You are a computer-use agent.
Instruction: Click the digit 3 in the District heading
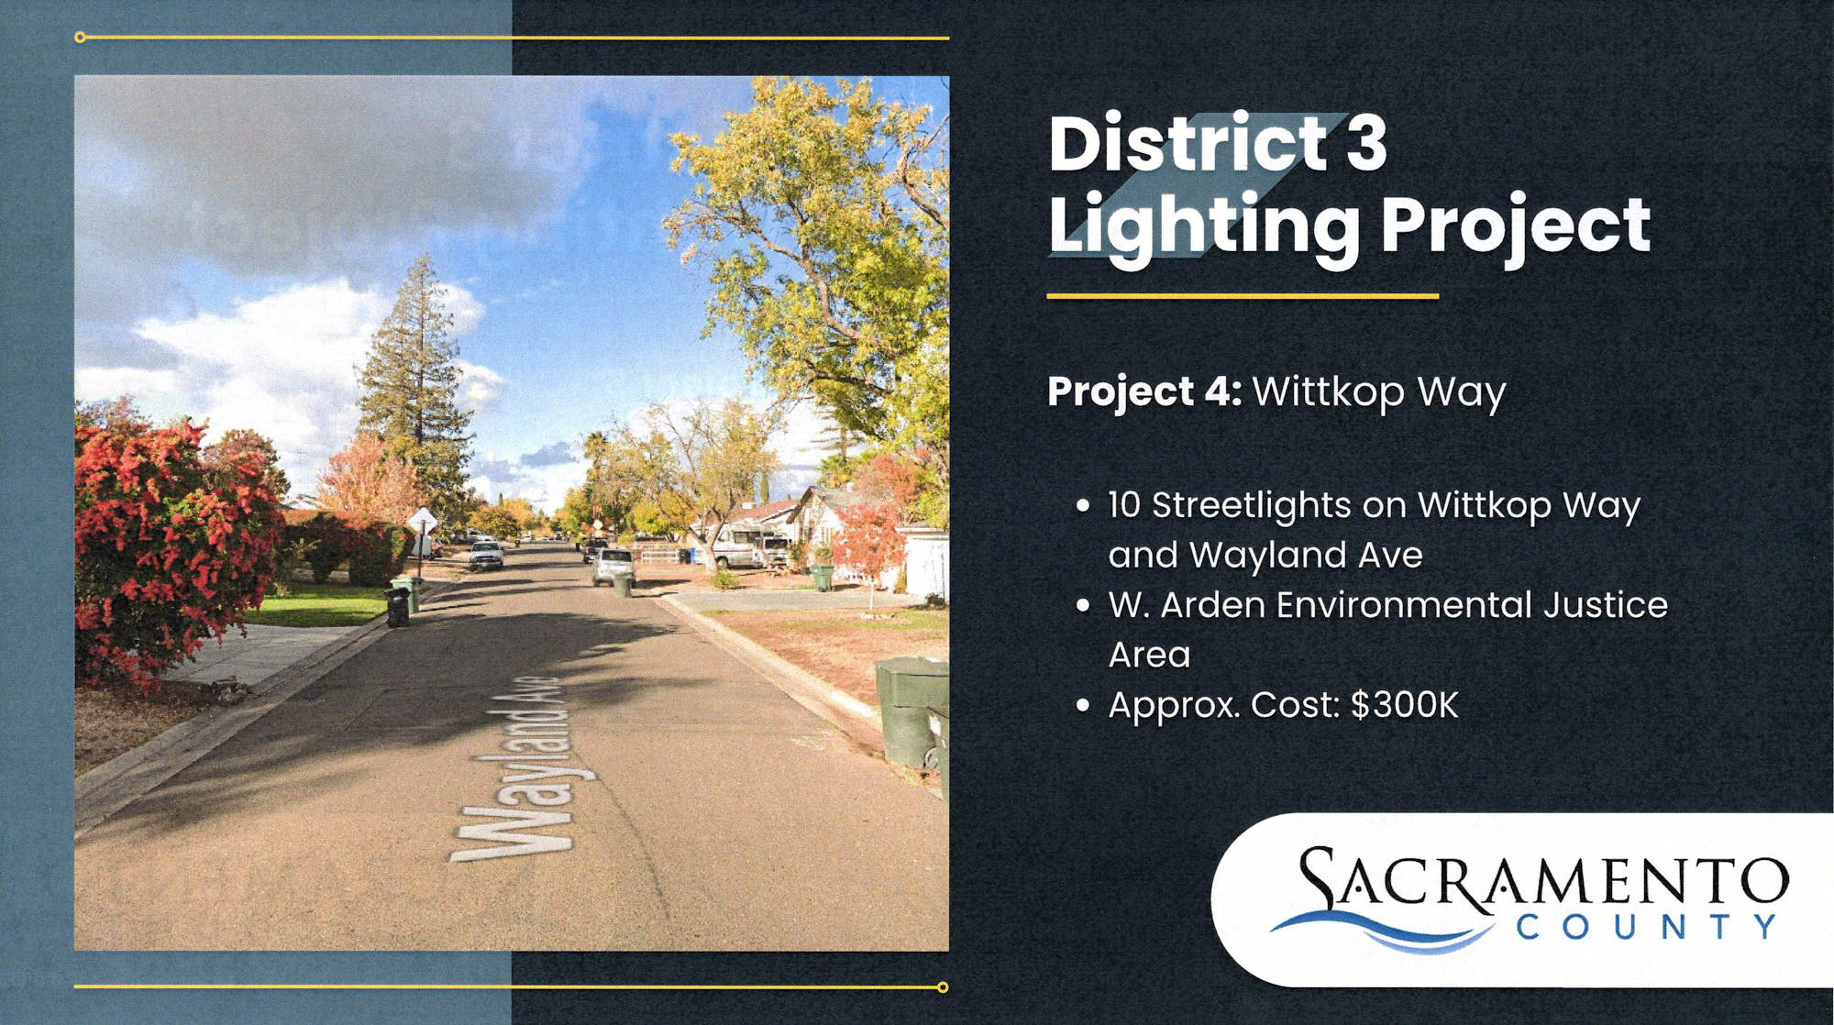pyautogui.click(x=1366, y=144)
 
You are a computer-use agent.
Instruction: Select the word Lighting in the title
pyautogui.click(x=1204, y=227)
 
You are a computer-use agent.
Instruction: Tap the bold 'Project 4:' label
pyautogui.click(x=1144, y=391)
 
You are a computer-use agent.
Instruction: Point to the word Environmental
pyautogui.click(x=1403, y=605)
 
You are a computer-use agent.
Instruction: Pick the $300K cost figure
pyautogui.click(x=1405, y=705)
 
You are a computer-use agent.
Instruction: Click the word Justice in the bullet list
pyautogui.click(x=1606, y=605)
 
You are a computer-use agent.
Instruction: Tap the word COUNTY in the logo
pyautogui.click(x=1648, y=927)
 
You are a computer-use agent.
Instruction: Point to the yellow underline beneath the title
pyautogui.click(x=1243, y=296)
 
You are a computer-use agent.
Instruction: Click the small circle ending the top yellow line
pyautogui.click(x=80, y=38)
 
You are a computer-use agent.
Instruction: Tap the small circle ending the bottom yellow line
pyautogui.click(x=943, y=987)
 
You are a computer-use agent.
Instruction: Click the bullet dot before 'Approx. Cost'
pyautogui.click(x=1083, y=705)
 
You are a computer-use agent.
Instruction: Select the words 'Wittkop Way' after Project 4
pyautogui.click(x=1379, y=392)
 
